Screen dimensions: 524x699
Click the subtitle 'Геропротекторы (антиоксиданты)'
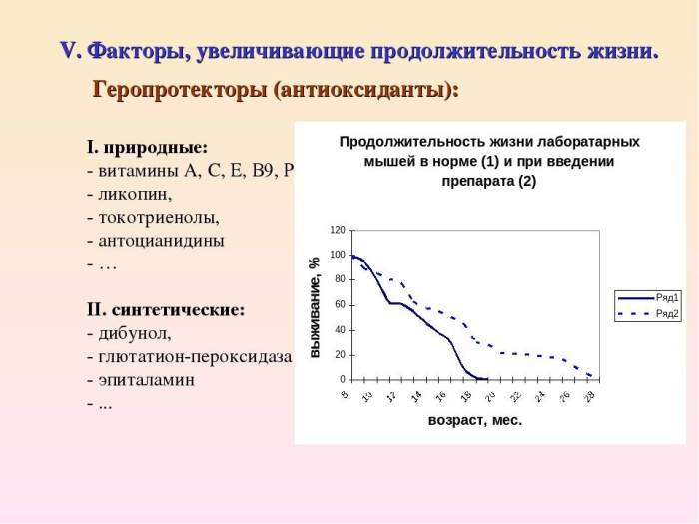276,89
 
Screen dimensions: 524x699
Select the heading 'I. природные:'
148,148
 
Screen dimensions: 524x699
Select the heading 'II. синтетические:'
166,309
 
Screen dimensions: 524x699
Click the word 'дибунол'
134,333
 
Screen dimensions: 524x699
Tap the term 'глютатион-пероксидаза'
194,356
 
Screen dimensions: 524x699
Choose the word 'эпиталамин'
145,380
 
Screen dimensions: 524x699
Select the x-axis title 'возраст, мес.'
475,421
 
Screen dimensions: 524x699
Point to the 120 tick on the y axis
339,230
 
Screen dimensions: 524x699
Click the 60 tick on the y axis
341,304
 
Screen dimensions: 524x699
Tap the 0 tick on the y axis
343,380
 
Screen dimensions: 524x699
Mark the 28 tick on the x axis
590,396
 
